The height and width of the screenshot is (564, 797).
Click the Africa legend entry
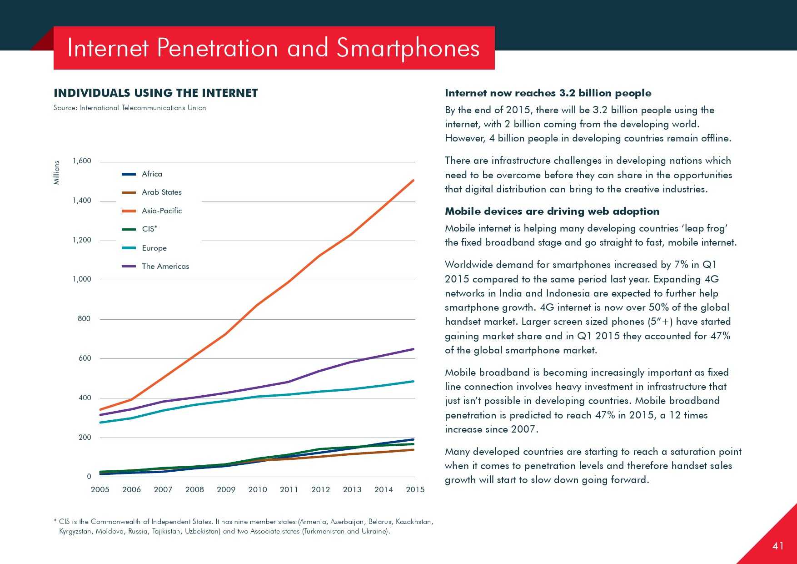[x=152, y=174]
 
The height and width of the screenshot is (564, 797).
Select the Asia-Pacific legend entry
[x=161, y=211]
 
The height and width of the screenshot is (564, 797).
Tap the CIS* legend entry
[x=149, y=229]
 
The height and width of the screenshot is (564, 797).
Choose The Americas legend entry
[x=165, y=267]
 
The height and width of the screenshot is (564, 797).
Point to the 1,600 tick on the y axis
[x=82, y=161]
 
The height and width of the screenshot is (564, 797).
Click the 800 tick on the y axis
[x=84, y=319]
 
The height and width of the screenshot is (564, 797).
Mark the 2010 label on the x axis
[x=258, y=490]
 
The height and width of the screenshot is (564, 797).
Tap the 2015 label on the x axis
[x=415, y=490]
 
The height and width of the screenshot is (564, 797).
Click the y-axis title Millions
[x=57, y=172]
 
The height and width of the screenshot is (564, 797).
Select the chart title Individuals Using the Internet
[x=155, y=93]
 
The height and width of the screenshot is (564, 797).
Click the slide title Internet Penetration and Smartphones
[x=274, y=48]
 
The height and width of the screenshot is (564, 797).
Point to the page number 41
[x=778, y=546]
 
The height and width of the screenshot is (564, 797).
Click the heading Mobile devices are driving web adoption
[x=552, y=211]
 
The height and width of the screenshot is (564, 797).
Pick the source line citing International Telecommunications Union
[x=130, y=108]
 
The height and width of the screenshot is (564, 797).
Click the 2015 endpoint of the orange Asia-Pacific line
[x=413, y=181]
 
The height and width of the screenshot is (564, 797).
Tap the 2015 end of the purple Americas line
[x=413, y=349]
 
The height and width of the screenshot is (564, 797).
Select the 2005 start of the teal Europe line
[x=100, y=423]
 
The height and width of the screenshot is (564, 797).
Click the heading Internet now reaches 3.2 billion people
[x=548, y=93]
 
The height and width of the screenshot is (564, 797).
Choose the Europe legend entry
[x=154, y=248]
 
